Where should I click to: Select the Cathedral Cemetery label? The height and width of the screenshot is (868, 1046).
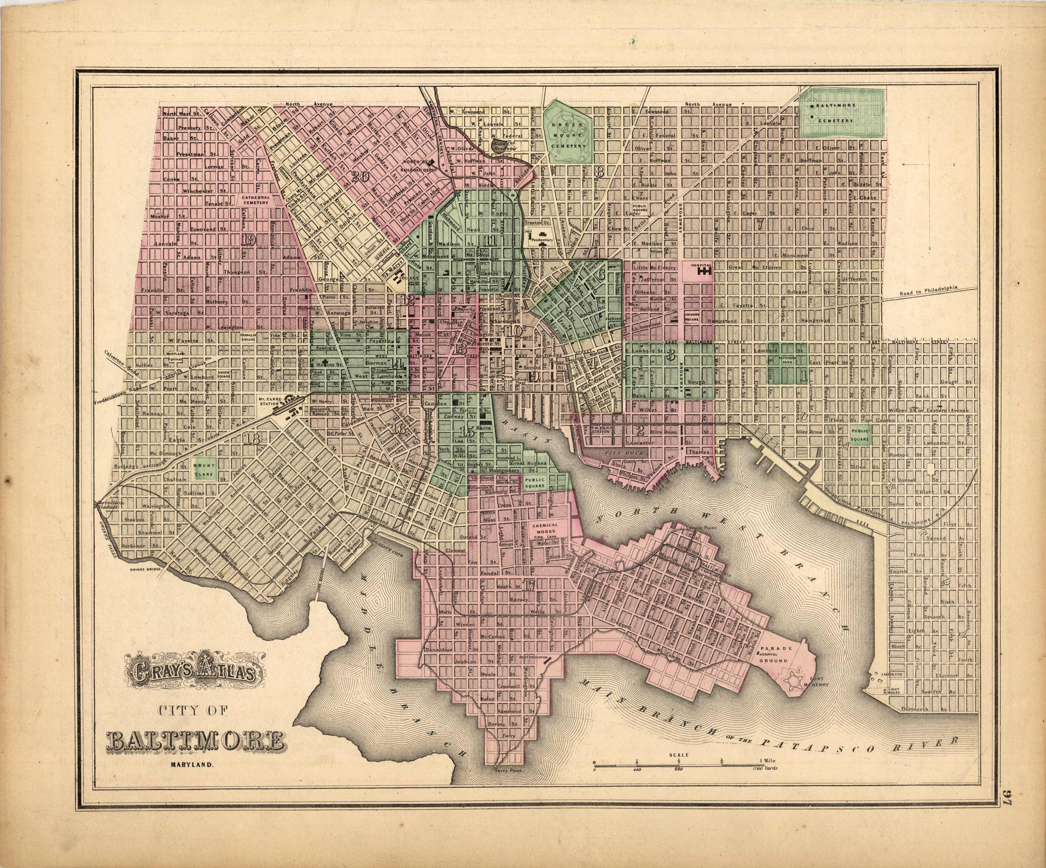pyautogui.click(x=256, y=200)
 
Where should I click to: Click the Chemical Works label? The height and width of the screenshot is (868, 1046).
pyautogui.click(x=545, y=528)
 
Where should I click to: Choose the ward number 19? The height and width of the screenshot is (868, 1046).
pyautogui.click(x=248, y=240)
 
